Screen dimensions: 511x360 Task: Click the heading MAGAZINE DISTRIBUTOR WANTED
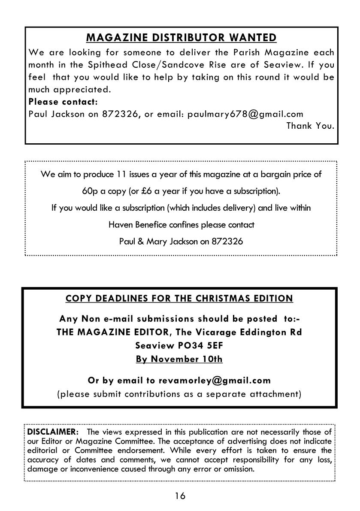(x=181, y=38)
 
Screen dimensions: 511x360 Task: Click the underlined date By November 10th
(x=179, y=359)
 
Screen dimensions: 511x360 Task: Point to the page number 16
(x=180, y=496)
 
